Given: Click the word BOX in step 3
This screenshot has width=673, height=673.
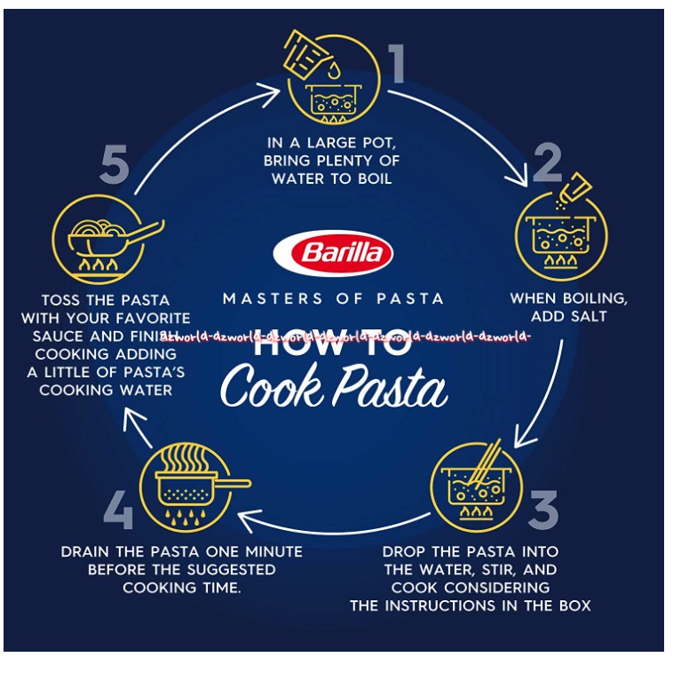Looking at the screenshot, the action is pyautogui.click(x=573, y=606).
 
